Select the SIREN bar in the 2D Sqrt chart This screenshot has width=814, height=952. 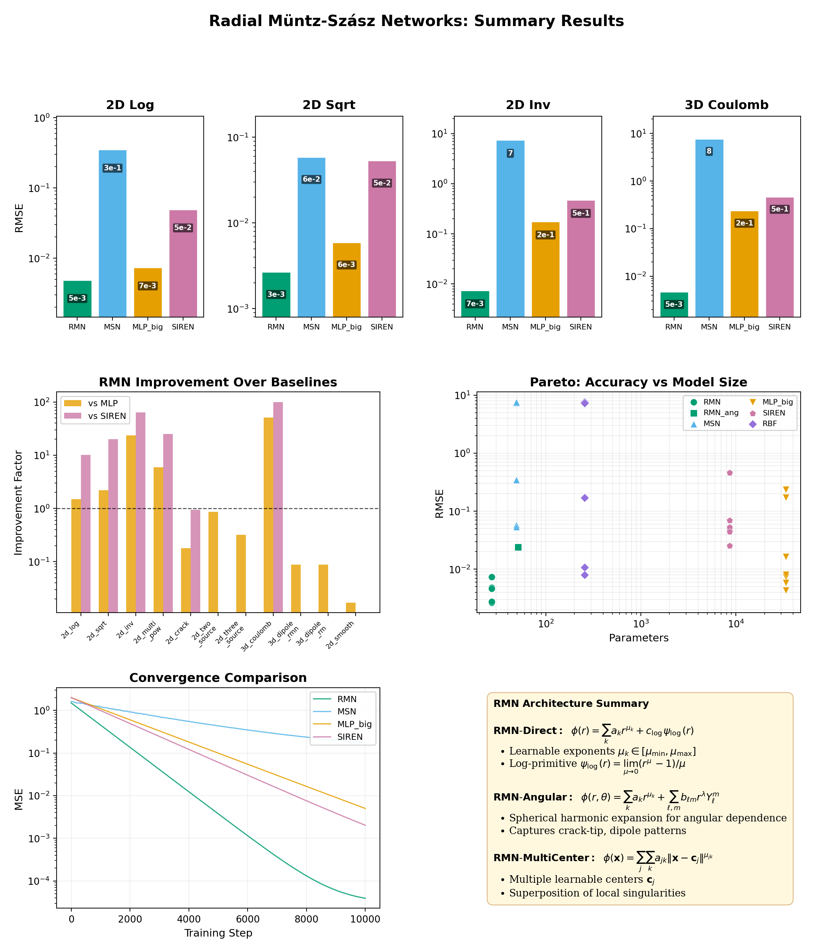click(x=382, y=239)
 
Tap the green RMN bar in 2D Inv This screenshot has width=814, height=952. click(x=475, y=304)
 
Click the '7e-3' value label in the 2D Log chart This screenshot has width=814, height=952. click(x=147, y=286)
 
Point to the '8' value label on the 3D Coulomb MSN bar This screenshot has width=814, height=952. click(x=709, y=151)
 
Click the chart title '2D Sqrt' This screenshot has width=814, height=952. click(x=328, y=105)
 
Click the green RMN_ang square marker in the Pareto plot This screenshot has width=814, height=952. click(x=518, y=547)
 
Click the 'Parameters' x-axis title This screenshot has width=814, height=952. click(x=638, y=638)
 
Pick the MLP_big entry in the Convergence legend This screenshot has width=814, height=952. click(x=354, y=724)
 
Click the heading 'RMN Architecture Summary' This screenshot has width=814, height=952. click(x=571, y=704)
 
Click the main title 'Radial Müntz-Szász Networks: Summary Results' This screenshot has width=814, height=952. click(x=416, y=21)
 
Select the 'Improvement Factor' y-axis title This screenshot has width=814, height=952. click(x=19, y=503)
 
